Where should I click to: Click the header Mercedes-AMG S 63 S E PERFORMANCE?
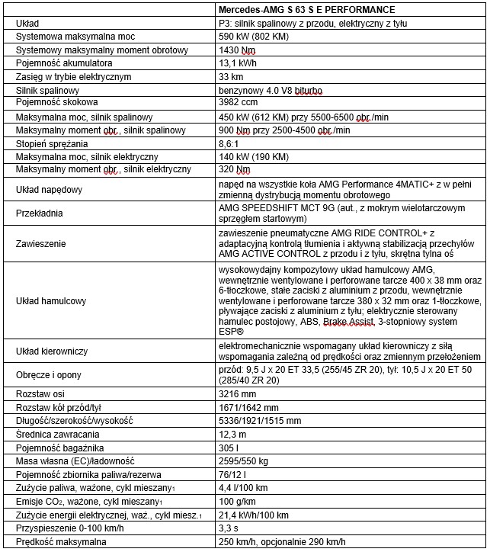(306, 10)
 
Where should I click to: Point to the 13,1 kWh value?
(237, 63)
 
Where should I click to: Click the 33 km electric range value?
(231, 77)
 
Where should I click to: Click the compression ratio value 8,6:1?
(230, 144)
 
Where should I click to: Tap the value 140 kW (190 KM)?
(252, 157)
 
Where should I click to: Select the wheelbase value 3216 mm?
(238, 393)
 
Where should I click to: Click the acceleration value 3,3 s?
(229, 528)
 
